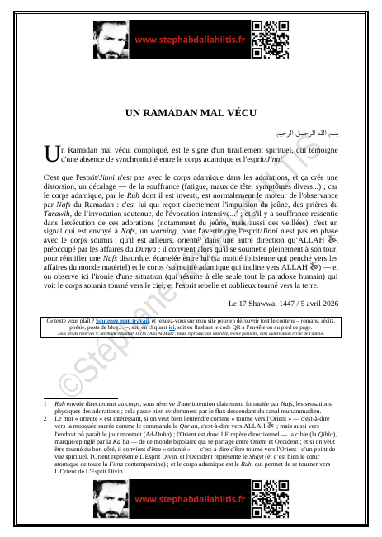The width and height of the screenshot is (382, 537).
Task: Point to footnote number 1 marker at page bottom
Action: (x=45, y=402)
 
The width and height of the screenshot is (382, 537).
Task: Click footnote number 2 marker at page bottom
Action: (x=45, y=417)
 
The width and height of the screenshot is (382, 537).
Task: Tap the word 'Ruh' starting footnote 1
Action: (x=59, y=402)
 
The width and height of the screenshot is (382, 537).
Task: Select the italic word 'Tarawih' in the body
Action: (x=58, y=219)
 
